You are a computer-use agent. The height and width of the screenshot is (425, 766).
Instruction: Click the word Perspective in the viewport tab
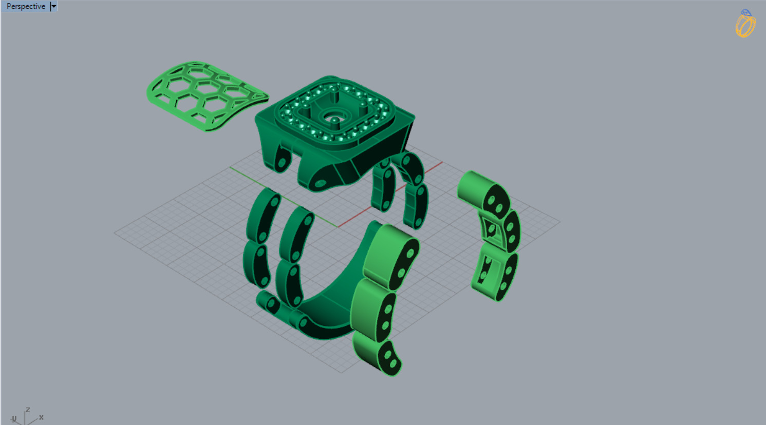click(26, 6)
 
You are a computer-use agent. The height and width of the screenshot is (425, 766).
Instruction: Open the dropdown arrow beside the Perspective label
click(53, 6)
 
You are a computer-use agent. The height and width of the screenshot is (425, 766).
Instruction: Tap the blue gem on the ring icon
click(746, 12)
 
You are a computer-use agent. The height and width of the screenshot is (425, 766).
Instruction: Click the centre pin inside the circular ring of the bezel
click(334, 121)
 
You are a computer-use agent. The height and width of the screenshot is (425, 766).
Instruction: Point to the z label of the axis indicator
click(28, 410)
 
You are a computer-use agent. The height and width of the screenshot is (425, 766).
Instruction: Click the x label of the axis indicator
click(41, 417)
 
